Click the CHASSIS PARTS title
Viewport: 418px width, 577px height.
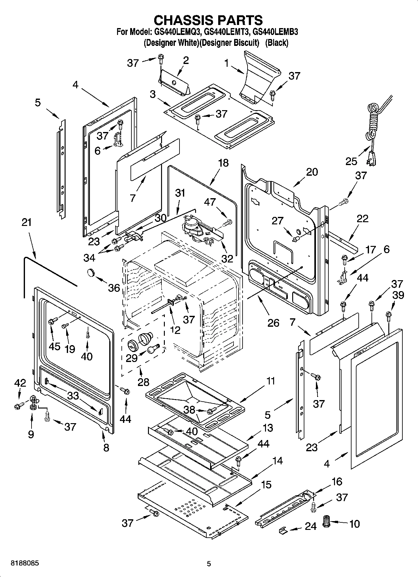209,20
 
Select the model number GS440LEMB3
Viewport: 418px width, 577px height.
275,32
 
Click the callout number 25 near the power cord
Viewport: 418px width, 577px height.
351,161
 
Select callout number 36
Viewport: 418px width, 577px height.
114,288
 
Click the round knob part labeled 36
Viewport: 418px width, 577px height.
91,272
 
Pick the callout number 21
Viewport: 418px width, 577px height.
27,222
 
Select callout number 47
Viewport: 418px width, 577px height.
210,202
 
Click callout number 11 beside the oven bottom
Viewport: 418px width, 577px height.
271,381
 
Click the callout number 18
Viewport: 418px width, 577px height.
224,163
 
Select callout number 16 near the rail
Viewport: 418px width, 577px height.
337,482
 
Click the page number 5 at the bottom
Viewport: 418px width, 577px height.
209,564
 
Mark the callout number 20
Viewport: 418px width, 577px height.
312,172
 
